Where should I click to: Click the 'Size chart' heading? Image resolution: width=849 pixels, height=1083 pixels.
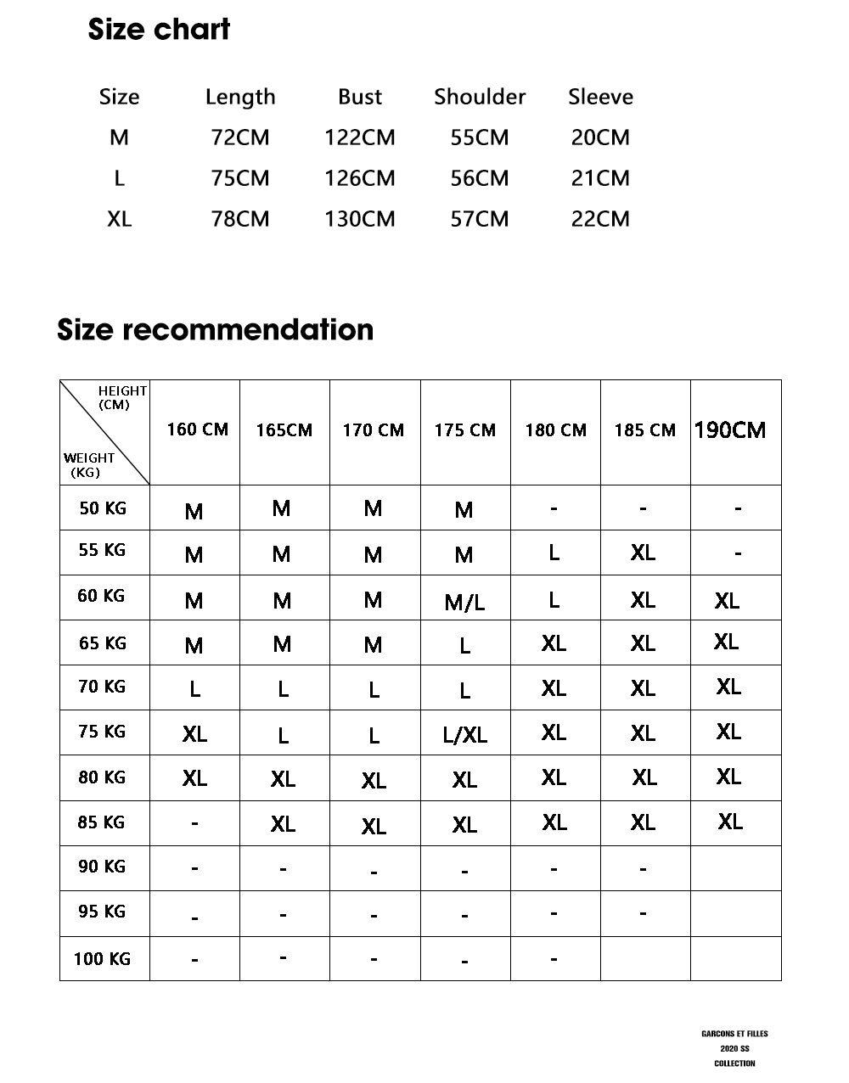[159, 30]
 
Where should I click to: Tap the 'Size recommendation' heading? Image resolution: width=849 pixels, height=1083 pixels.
[215, 329]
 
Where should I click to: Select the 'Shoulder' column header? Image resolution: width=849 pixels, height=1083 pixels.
[480, 97]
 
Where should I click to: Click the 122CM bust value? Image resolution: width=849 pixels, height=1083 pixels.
[360, 137]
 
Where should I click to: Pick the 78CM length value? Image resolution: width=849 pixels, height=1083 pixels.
[240, 219]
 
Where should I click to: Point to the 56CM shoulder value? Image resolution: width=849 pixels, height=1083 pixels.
[480, 178]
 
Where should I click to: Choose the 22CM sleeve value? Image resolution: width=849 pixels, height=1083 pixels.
[600, 219]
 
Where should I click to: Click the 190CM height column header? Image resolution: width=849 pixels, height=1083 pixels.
[730, 430]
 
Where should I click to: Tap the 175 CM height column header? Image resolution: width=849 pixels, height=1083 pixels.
[465, 430]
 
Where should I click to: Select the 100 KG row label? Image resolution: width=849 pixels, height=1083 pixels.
[102, 959]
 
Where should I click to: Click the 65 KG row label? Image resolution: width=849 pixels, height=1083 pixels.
[103, 643]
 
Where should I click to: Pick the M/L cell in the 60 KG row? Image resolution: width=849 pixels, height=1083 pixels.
[465, 603]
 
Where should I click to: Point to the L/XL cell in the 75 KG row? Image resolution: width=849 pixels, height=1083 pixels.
[465, 735]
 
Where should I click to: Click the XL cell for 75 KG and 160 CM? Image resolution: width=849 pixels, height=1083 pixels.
[194, 734]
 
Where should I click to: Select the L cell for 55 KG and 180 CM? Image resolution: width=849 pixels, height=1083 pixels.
[554, 553]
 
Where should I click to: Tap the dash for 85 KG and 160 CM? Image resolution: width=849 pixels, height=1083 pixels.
[194, 823]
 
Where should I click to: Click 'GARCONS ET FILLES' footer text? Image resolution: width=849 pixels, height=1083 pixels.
[734, 1034]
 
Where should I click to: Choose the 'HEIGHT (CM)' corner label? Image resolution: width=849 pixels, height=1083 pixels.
[121, 397]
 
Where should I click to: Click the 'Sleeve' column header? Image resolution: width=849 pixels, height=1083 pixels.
[600, 97]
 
